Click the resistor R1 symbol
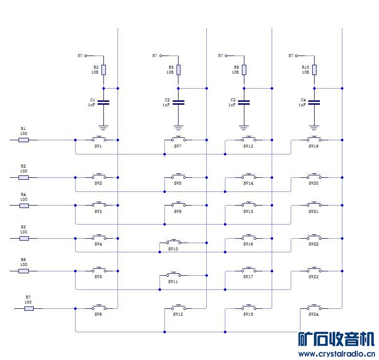pyautogui.click(x=23, y=140)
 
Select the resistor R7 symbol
pyautogui.click(x=29, y=308)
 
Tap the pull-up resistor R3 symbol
pyautogui.click(x=103, y=70)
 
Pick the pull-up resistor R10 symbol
pyautogui.click(x=314, y=70)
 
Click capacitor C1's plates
pyautogui.click(x=103, y=103)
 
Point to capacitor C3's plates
pyautogui.click(x=244, y=103)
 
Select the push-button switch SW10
pyautogui.click(x=173, y=242)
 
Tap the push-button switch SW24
pyautogui.click(x=314, y=307)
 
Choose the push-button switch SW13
pyautogui.click(x=248, y=139)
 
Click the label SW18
pyautogui.click(x=248, y=315)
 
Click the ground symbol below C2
pyautogui.click(x=179, y=128)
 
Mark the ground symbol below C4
pyautogui.click(x=314, y=128)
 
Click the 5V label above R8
pyautogui.click(x=155, y=56)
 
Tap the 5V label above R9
pyautogui.click(x=220, y=56)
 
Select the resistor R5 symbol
pyautogui.click(x=23, y=238)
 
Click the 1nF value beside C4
pyautogui.click(x=302, y=105)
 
